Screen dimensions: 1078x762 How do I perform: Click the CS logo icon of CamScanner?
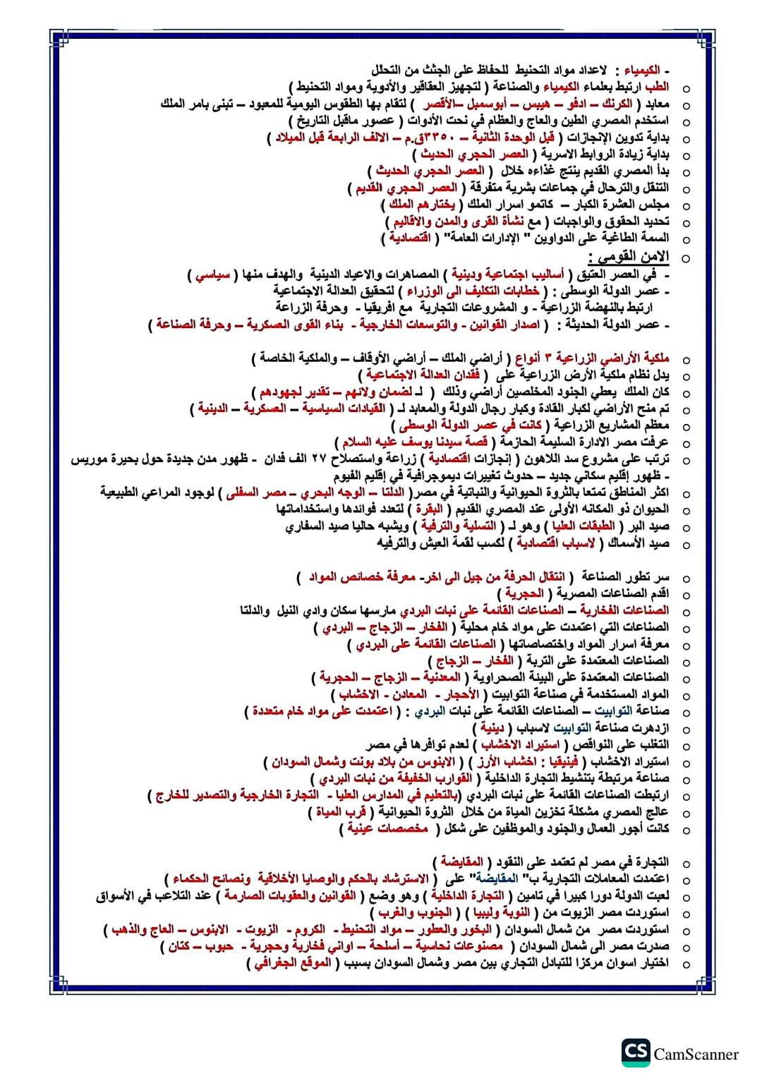(636, 1053)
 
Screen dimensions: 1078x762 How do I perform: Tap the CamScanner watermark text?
(696, 1054)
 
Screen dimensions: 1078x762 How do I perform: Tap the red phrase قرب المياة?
(339, 812)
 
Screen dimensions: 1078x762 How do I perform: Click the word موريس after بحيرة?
(91, 459)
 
